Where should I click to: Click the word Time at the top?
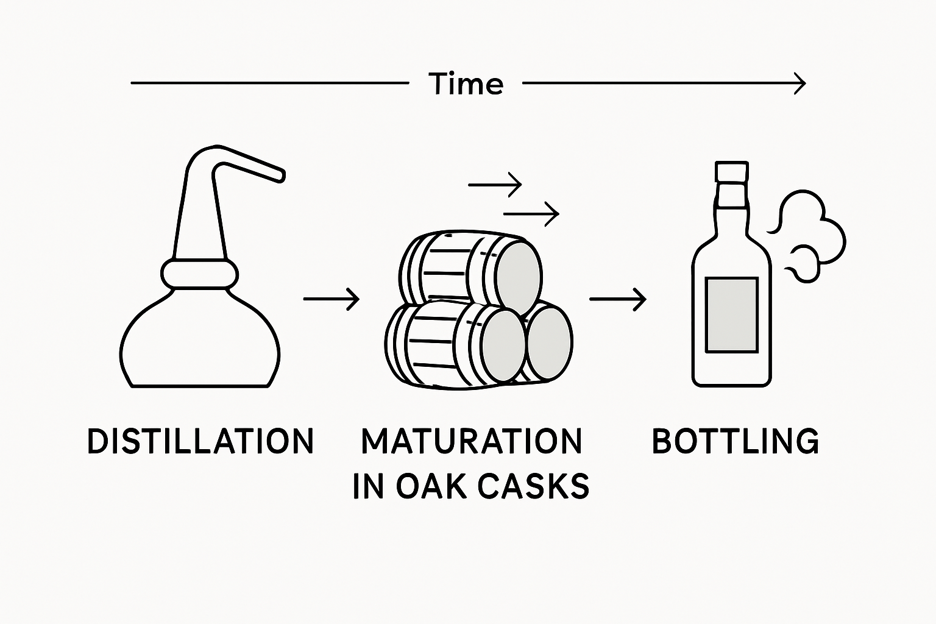466,83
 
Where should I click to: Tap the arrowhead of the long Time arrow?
801,83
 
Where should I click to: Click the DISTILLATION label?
200,441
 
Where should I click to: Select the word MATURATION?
472,441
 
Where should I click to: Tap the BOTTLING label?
736,441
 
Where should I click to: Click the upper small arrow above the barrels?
495,183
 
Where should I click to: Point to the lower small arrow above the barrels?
531,213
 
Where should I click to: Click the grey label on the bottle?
731,315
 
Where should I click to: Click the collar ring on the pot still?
199,274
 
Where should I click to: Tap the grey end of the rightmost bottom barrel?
549,342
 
